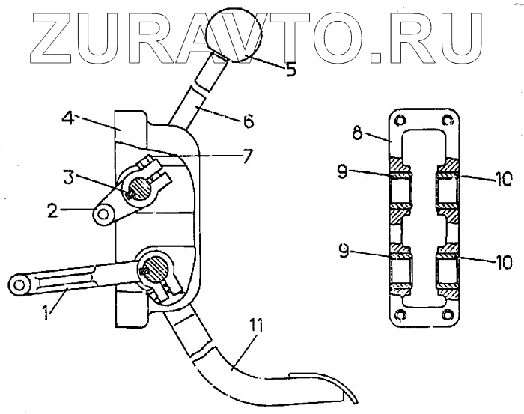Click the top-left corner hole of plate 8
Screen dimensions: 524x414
pyautogui.click(x=399, y=119)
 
